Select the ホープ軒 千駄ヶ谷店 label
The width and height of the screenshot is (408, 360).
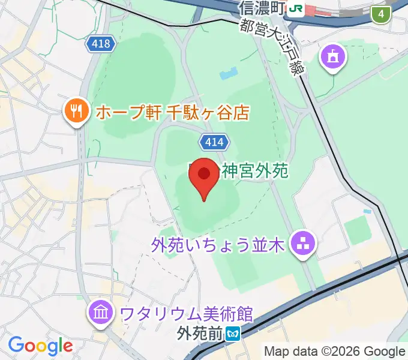(x=170, y=112)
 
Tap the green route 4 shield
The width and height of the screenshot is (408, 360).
(x=380, y=14)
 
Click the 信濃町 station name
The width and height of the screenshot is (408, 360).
(x=260, y=8)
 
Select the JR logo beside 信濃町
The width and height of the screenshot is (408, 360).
(x=295, y=8)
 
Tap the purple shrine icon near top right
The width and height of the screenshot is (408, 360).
(x=332, y=58)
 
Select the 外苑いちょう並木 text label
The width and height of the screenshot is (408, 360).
(x=218, y=244)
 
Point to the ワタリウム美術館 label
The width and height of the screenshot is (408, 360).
(x=186, y=313)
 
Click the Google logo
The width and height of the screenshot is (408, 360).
(x=40, y=346)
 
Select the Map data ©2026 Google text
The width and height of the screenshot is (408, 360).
(x=335, y=351)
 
